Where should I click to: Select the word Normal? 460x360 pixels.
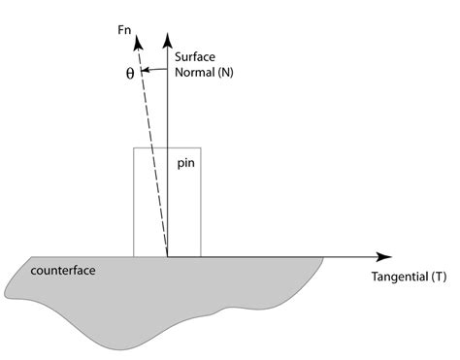pyautogui.click(x=194, y=72)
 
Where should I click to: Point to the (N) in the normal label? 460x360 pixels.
pyautogui.click(x=226, y=72)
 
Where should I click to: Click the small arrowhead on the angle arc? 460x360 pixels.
pyautogui.click(x=147, y=71)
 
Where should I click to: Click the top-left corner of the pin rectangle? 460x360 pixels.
pyautogui.click(x=133, y=148)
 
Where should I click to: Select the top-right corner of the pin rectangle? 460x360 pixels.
pyautogui.click(x=201, y=148)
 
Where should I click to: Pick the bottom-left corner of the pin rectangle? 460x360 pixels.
pyautogui.click(x=133, y=257)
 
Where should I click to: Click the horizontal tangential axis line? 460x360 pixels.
pyautogui.click(x=291, y=257)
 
